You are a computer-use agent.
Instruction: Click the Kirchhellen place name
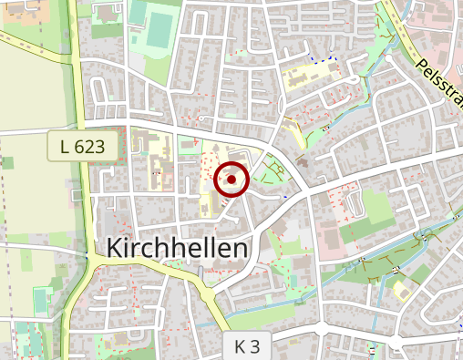pyautogui.click(x=178, y=249)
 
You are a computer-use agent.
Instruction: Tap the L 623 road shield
pyautogui.click(x=83, y=146)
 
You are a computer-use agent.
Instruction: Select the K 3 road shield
pyautogui.click(x=246, y=346)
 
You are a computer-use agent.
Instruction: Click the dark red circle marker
pyautogui.click(x=231, y=180)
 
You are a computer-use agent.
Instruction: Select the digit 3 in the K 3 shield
pyautogui.click(x=256, y=346)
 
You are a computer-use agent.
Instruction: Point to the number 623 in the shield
pyautogui.click(x=92, y=146)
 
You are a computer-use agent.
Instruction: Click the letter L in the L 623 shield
pyautogui.click(x=64, y=146)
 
